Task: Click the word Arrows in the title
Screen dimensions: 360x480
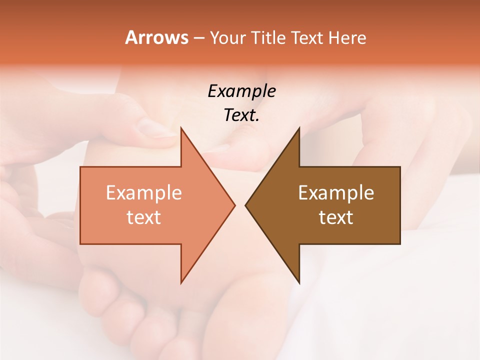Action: coord(156,37)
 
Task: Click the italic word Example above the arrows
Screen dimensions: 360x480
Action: coord(241,91)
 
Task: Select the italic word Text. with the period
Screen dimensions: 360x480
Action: coord(241,115)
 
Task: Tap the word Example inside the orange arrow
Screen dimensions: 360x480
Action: coord(143,193)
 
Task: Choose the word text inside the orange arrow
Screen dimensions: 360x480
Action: coord(143,217)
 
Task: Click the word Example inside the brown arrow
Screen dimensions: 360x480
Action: coord(336,193)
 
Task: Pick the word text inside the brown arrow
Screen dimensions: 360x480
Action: coord(336,217)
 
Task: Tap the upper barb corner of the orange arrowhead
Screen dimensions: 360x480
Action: coord(181,128)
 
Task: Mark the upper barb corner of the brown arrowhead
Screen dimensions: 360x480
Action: coord(299,128)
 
